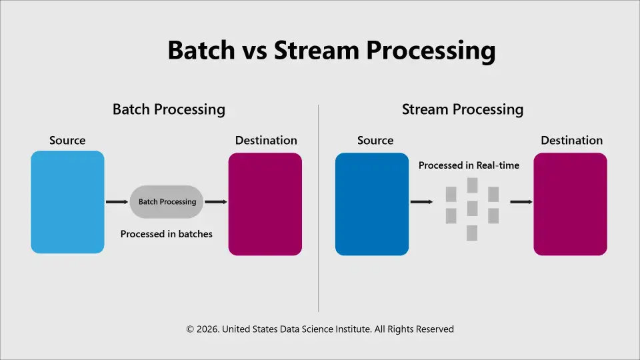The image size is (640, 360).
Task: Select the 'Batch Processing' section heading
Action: [x=169, y=109]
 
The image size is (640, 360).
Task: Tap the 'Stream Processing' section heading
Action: [x=463, y=109]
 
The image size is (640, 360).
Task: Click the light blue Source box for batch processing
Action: [x=67, y=202]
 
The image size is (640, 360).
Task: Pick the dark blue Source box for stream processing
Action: [x=371, y=204]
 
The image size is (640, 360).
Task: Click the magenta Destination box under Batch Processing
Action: [x=265, y=204]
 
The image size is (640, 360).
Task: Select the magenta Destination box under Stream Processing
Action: [x=570, y=204]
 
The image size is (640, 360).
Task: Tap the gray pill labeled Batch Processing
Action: [x=167, y=202]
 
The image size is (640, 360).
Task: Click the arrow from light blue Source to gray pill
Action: [x=117, y=201]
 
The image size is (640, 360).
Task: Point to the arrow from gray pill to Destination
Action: [x=215, y=201]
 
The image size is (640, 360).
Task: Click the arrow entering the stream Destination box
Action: [x=521, y=201]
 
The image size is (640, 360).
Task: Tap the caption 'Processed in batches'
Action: [x=167, y=234]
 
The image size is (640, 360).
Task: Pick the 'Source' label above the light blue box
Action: [x=67, y=141]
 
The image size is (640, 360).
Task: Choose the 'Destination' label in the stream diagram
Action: [x=571, y=141]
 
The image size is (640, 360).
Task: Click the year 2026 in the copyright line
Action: [x=207, y=329]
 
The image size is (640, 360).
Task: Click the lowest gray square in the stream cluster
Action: [x=472, y=233]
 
